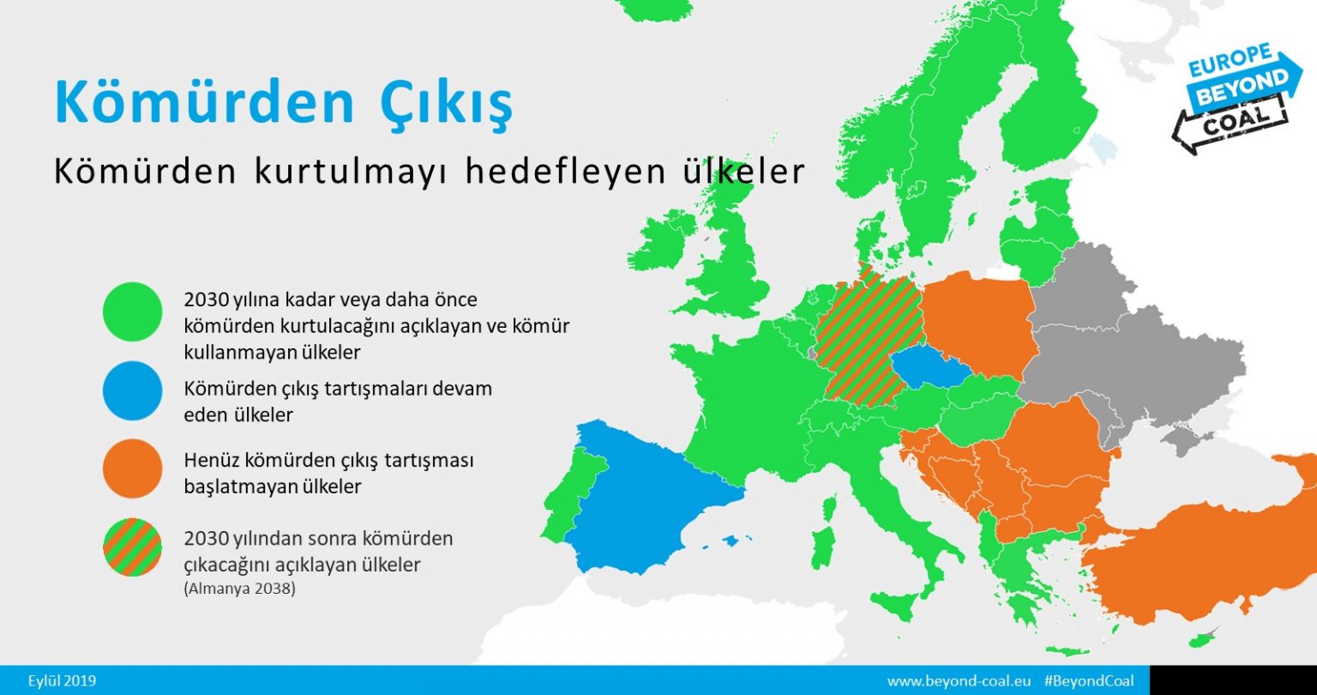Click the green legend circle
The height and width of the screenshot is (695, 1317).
[x=132, y=312]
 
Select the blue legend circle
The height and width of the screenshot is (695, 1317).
[x=132, y=390]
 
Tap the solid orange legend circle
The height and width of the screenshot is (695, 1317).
[x=132, y=469]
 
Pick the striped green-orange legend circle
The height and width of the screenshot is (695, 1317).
[x=132, y=547]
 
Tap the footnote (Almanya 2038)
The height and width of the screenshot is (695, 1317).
[x=240, y=589]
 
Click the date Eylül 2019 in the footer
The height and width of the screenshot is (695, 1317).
[x=62, y=681]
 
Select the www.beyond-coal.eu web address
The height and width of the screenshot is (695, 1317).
[x=959, y=681]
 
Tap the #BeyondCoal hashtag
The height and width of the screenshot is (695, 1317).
[x=1089, y=681]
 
